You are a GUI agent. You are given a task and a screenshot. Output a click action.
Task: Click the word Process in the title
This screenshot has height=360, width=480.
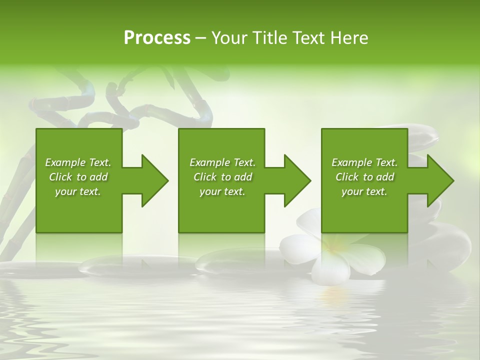157,38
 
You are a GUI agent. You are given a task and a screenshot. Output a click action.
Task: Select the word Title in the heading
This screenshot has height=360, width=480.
269,38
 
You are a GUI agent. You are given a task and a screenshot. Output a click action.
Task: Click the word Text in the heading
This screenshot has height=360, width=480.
308,38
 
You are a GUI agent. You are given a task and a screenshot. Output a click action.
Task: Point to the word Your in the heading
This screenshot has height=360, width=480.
229,38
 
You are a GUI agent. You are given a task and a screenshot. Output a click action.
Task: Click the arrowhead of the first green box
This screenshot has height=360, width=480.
153,180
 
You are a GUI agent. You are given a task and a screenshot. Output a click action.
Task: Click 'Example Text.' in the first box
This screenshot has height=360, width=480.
78,162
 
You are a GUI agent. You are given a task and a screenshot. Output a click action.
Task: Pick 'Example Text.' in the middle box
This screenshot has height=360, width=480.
222,162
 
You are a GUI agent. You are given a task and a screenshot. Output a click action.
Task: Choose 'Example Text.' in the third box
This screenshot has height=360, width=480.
364,162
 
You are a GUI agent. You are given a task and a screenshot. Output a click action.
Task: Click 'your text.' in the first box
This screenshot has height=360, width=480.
78,191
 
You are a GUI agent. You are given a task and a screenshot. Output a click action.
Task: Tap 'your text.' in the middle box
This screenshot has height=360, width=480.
222,191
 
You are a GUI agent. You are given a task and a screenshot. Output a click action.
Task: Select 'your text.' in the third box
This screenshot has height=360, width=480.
364,191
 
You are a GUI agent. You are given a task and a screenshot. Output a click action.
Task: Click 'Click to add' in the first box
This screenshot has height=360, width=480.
78,177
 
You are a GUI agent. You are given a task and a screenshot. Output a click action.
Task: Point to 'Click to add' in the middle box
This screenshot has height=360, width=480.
222,177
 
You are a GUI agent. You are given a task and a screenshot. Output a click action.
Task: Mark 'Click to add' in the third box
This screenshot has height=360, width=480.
364,177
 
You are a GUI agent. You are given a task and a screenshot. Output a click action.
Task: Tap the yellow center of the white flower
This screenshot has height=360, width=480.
332,245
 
